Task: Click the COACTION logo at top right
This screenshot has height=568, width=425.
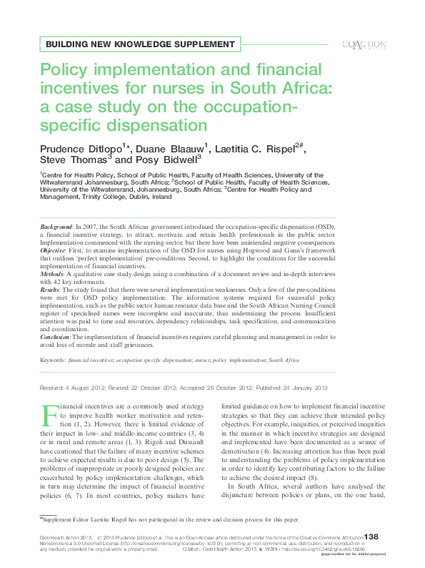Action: coord(364,44)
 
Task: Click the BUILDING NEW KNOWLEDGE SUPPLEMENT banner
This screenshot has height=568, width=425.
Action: coord(140,44)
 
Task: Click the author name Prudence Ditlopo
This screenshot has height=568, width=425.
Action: coord(80,147)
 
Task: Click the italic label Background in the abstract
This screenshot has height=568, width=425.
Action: coord(56,225)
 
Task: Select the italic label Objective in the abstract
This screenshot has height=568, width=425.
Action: coord(54,253)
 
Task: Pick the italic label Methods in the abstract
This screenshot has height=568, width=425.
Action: coord(53,273)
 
